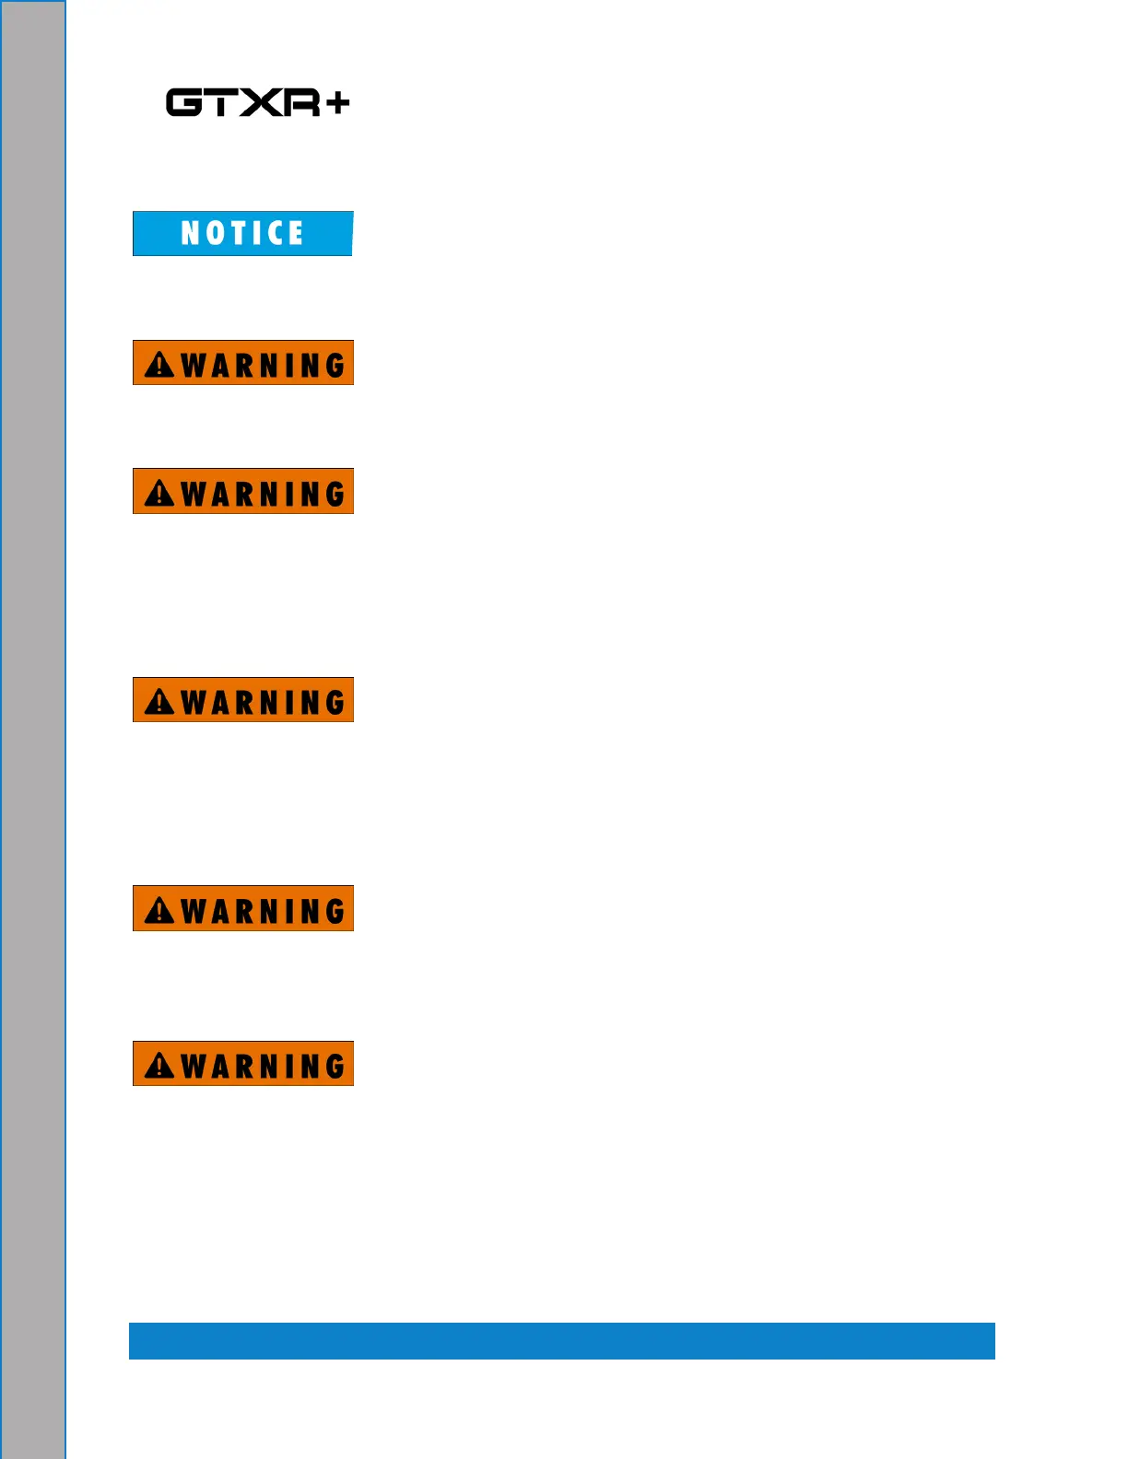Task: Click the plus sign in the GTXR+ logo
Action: click(337, 102)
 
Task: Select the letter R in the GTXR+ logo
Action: click(301, 102)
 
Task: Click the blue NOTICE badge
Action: click(242, 233)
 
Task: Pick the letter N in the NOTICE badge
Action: click(191, 233)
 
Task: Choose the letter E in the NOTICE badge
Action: click(295, 233)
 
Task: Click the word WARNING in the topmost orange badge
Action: click(263, 365)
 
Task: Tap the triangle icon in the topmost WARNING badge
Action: click(159, 365)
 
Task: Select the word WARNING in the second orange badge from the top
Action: click(263, 494)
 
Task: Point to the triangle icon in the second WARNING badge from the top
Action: click(159, 494)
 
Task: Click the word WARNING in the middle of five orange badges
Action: click(263, 702)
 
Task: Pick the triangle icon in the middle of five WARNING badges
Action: click(159, 702)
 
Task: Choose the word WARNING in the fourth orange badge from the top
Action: click(263, 910)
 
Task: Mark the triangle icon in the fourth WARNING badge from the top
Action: click(159, 910)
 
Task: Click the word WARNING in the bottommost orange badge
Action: click(263, 1066)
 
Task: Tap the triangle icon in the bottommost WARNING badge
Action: click(159, 1066)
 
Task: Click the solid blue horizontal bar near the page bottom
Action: click(561, 1340)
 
